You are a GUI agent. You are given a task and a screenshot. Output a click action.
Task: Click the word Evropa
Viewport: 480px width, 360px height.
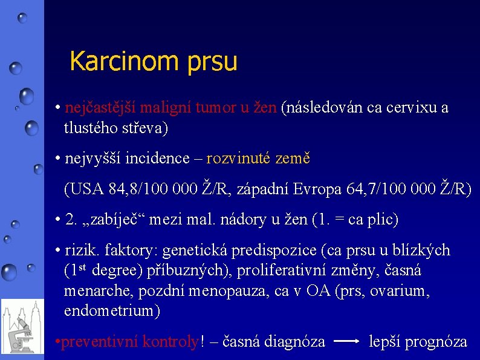click(318, 189)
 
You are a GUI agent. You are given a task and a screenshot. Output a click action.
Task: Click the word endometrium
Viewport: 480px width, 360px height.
click(112, 312)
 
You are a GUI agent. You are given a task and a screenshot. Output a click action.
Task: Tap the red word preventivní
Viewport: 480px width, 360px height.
click(99, 342)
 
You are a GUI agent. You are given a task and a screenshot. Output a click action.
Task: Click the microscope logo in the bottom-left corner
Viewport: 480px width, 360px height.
click(22, 330)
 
